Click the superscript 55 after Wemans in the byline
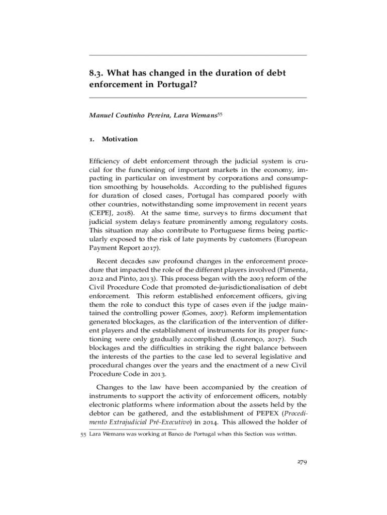[x=219, y=114]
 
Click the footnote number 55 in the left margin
[x=84, y=435]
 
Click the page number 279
[x=301, y=463]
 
